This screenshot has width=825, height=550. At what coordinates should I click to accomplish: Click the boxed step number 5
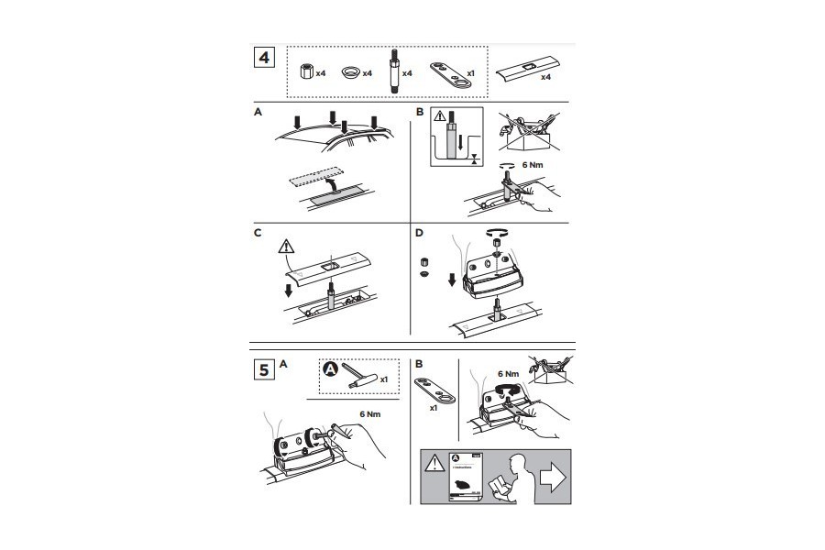click(264, 370)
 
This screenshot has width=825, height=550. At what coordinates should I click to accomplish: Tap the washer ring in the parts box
click(351, 71)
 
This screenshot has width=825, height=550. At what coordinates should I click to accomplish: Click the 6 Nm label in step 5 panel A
click(370, 413)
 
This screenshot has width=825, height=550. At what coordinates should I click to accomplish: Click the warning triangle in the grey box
click(433, 464)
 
